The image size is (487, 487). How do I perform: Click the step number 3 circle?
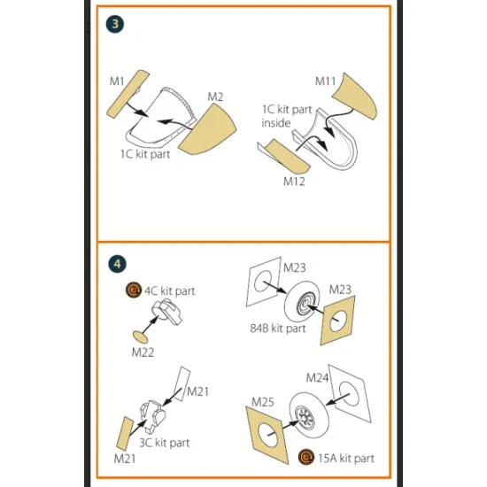click(115, 24)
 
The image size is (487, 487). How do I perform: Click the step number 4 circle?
click(117, 264)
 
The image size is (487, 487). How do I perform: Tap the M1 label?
click(117, 81)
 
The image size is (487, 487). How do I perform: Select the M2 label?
click(215, 97)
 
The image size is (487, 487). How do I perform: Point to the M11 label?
click(326, 81)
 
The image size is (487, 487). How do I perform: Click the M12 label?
click(294, 182)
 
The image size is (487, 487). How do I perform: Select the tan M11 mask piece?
click(357, 97)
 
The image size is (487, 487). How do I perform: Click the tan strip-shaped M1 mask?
click(128, 94)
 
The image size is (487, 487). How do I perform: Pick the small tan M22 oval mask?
click(141, 337)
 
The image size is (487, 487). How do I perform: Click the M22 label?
click(143, 352)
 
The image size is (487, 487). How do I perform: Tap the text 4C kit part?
click(170, 291)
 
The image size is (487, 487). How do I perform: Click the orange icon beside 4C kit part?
click(134, 290)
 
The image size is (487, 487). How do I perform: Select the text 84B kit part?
click(278, 329)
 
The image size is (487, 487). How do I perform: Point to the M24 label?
click(317, 378)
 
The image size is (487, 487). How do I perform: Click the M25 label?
click(263, 402)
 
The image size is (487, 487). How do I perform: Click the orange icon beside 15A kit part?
click(306, 457)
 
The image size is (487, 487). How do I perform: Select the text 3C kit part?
click(165, 443)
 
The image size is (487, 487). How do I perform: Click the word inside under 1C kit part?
click(276, 123)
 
